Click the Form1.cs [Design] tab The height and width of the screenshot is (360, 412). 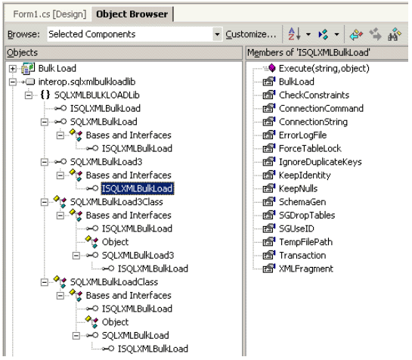pyautogui.click(x=50, y=14)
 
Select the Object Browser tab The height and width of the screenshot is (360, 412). pyautogui.click(x=132, y=14)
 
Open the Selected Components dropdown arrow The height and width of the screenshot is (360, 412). pyautogui.click(x=217, y=34)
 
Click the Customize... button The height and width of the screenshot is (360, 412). pyautogui.click(x=251, y=34)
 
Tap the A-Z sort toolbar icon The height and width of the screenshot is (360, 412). pyautogui.click(x=294, y=34)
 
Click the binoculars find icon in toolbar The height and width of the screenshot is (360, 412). pyautogui.click(x=395, y=34)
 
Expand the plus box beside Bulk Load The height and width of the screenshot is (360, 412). pyautogui.click(x=12, y=69)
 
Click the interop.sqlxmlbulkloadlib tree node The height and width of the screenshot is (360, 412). pyautogui.click(x=87, y=82)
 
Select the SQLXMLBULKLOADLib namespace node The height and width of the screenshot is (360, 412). pyautogui.click(x=97, y=95)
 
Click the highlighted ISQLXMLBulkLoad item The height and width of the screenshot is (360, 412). pyautogui.click(x=137, y=188)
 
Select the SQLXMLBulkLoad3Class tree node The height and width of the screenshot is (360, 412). pyautogui.click(x=116, y=202)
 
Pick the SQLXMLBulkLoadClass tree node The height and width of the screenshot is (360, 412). pyautogui.click(x=114, y=282)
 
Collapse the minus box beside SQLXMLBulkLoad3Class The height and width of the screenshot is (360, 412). pyautogui.click(x=45, y=202)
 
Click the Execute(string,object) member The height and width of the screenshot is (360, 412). pyautogui.click(x=324, y=69)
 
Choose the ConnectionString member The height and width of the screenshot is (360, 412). pyautogui.click(x=313, y=122)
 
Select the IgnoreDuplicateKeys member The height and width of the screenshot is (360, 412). pyautogui.click(x=320, y=162)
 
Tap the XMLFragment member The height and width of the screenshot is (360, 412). pyautogui.click(x=306, y=268)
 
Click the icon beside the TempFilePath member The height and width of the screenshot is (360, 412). pyautogui.click(x=269, y=242)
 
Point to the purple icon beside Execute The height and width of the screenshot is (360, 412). pyautogui.click(x=271, y=68)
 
